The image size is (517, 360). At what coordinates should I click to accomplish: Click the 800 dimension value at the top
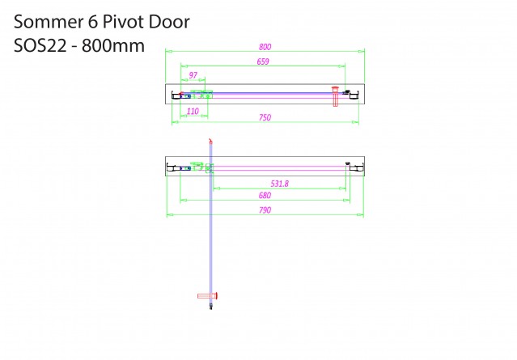pyautogui.click(x=265, y=47)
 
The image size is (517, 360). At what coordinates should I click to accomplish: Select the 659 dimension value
pyautogui.click(x=263, y=61)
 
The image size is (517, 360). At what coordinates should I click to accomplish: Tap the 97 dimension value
pyautogui.click(x=193, y=75)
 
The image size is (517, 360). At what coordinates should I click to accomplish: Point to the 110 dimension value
pyautogui.click(x=193, y=111)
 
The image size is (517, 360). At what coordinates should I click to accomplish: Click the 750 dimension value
pyautogui.click(x=265, y=117)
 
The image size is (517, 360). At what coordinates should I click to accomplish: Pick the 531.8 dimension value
pyautogui.click(x=280, y=184)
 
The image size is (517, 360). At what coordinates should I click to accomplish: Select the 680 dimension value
pyautogui.click(x=265, y=196)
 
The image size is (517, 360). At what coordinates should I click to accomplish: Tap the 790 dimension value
pyautogui.click(x=265, y=210)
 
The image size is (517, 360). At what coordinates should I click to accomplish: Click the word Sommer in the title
pyautogui.click(x=49, y=22)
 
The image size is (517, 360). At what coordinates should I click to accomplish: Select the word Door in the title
pyautogui.click(x=169, y=22)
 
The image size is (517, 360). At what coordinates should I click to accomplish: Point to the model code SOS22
pyautogui.click(x=40, y=45)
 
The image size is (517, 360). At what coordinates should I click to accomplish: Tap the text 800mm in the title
pyautogui.click(x=113, y=45)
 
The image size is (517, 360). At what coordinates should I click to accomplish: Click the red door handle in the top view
pyautogui.click(x=335, y=96)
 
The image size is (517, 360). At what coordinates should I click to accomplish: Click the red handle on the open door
pyautogui.click(x=207, y=296)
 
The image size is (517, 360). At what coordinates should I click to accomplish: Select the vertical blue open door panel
pyautogui.click(x=211, y=224)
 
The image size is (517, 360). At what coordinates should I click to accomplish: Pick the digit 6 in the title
pyautogui.click(x=93, y=22)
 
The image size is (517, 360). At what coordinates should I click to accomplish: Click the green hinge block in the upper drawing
pyautogui.click(x=201, y=95)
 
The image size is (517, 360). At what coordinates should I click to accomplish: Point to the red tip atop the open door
pyautogui.click(x=210, y=141)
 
